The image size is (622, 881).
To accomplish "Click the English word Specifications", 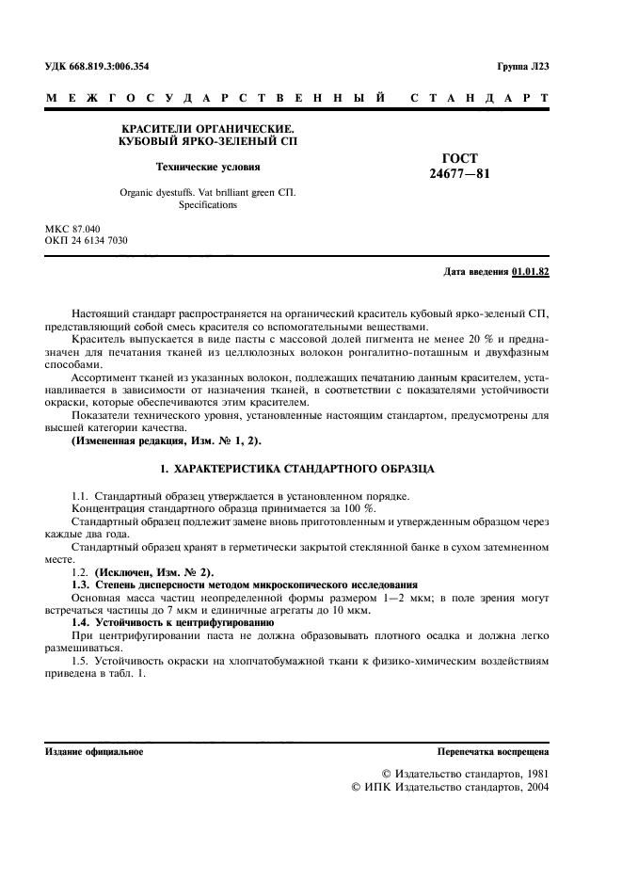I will click(207, 205).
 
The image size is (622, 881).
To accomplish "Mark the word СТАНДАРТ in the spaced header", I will click(479, 97).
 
